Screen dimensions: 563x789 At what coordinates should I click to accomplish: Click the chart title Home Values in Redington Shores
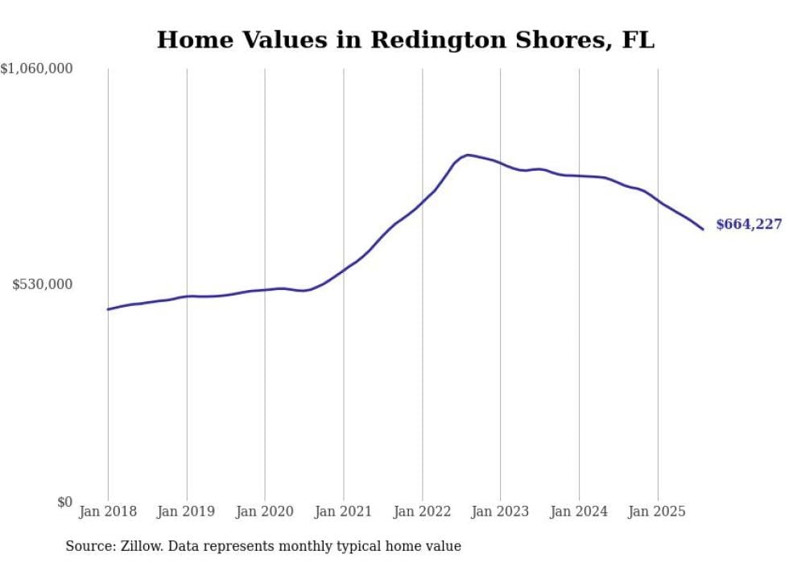[405, 39]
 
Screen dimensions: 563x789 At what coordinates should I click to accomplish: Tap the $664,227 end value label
[749, 224]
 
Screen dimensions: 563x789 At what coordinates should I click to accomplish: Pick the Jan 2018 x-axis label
[108, 511]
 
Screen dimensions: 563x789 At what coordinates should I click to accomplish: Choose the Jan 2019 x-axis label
[186, 511]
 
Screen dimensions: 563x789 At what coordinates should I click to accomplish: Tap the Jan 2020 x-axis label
[265, 511]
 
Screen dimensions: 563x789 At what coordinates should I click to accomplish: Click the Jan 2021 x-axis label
[343, 511]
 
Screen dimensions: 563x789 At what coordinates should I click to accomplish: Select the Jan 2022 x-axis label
[422, 511]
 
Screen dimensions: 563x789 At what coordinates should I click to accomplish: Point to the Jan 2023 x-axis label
[500, 511]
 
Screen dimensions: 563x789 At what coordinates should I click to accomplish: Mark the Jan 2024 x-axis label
[579, 511]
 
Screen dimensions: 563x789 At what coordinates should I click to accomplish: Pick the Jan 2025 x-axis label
[657, 511]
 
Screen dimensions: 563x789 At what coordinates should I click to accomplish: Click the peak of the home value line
[468, 155]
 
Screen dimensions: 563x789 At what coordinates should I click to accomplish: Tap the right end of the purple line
[703, 230]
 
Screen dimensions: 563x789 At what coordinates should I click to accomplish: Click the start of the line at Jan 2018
[108, 309]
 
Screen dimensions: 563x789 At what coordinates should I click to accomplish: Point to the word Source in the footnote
[89, 546]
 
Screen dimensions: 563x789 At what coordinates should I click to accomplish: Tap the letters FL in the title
[638, 39]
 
